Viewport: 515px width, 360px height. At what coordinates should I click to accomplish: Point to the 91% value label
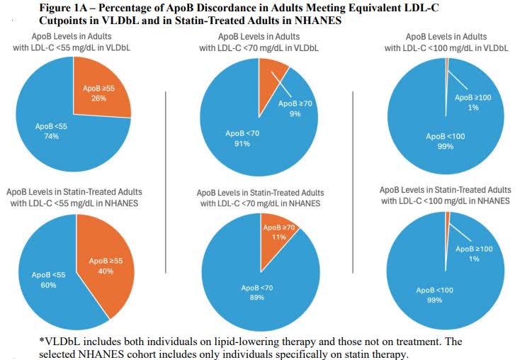[x=242, y=143]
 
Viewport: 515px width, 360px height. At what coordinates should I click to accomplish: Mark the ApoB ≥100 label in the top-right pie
[x=473, y=96]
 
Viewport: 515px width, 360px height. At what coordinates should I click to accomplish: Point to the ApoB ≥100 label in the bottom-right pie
[x=473, y=249]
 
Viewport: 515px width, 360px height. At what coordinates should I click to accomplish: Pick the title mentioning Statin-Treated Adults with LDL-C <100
[x=445, y=196]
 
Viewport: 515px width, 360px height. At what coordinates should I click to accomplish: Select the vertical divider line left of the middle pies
[x=165, y=181]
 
